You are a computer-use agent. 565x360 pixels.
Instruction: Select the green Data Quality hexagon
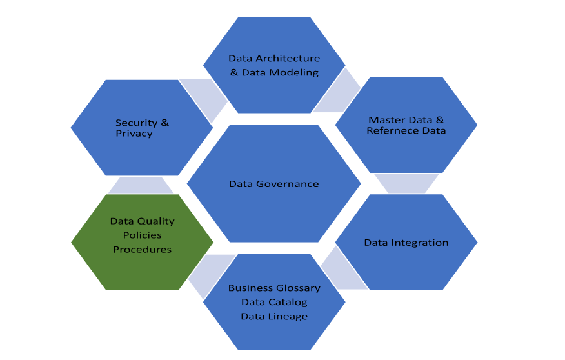142,242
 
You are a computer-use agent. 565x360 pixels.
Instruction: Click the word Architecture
288,59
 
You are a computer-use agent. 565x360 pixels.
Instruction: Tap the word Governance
288,184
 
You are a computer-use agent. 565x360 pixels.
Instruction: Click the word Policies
142,235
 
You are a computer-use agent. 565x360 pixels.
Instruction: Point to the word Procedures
142,249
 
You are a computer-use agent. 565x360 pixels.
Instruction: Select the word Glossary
298,288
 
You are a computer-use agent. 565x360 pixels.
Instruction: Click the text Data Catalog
274,302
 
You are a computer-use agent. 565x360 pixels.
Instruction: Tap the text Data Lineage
274,316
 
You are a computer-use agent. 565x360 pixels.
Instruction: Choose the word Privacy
134,134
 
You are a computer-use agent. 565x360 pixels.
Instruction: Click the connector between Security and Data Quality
141,185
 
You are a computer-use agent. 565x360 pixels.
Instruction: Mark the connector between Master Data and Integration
406,183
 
